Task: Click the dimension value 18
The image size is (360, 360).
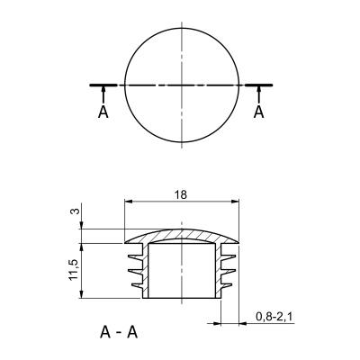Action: [x=182, y=194]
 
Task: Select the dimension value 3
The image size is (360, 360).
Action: [x=76, y=211]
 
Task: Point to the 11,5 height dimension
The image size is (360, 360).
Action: [x=74, y=270]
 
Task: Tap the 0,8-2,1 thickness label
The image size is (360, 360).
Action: [x=274, y=317]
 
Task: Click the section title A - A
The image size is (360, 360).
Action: [x=119, y=332]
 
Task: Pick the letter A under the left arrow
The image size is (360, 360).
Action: [x=103, y=112]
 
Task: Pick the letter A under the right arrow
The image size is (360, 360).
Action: [x=258, y=112]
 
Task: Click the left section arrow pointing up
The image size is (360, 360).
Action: [x=103, y=94]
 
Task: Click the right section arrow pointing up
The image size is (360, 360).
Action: [x=258, y=94]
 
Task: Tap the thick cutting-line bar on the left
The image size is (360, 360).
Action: [x=103, y=85]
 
